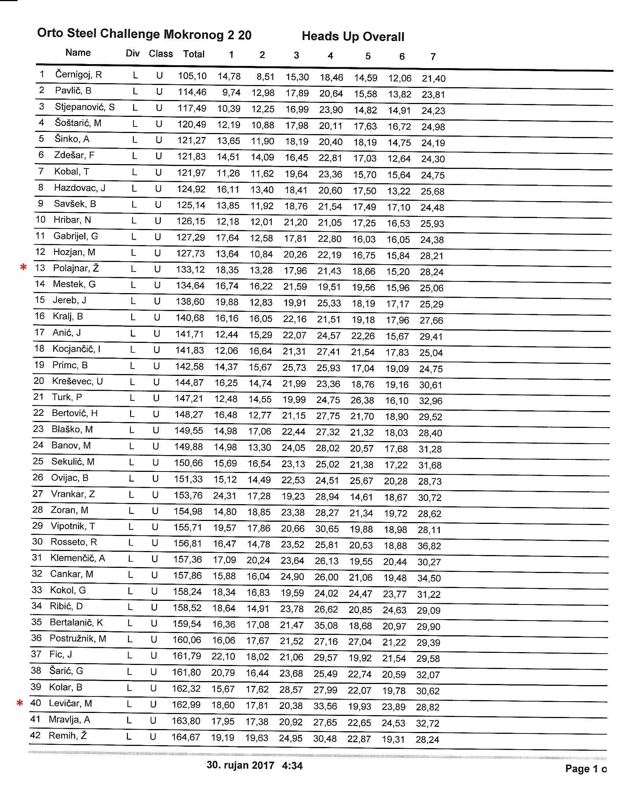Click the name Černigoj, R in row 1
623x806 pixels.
pos(78,74)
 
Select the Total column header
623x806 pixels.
pos(194,54)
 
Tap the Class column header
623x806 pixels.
pos(161,54)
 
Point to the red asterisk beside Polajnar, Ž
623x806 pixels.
pos(23,267)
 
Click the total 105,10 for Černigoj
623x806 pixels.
pos(192,76)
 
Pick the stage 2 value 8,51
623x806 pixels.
pos(265,77)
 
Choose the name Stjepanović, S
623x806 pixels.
pos(85,107)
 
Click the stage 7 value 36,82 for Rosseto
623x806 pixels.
pos(429,546)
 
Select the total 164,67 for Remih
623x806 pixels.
pos(186,737)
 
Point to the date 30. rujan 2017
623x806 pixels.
pos(240,765)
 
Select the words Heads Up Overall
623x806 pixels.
pos(353,37)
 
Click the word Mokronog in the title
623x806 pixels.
pos(193,35)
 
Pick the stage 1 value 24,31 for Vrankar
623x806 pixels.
pos(224,496)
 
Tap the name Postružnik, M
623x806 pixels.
pos(78,639)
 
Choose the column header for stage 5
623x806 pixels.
pos(368,56)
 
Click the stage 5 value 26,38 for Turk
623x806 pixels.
pos(362,400)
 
